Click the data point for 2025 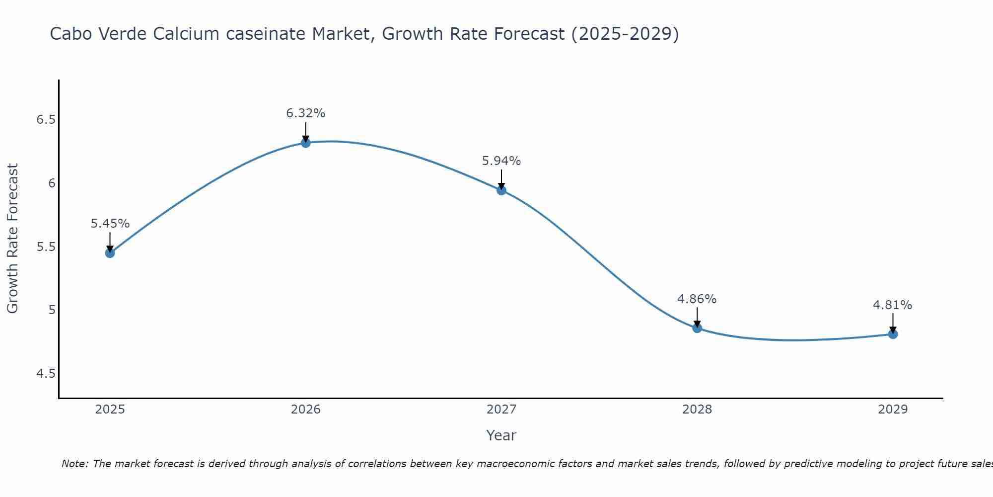click(110, 253)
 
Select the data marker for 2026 click(306, 143)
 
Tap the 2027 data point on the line click(501, 190)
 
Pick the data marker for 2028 click(697, 328)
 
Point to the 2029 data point click(893, 334)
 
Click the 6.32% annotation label click(306, 113)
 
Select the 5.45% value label click(110, 224)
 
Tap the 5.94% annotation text click(501, 161)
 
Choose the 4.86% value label click(697, 299)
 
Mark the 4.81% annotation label click(893, 305)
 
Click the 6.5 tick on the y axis click(46, 120)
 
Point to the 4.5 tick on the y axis click(46, 373)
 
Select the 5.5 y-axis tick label click(46, 247)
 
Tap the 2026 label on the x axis click(306, 410)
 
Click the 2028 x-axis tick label click(697, 410)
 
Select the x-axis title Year click(501, 435)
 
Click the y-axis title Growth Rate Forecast click(13, 239)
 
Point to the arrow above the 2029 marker click(893, 323)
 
